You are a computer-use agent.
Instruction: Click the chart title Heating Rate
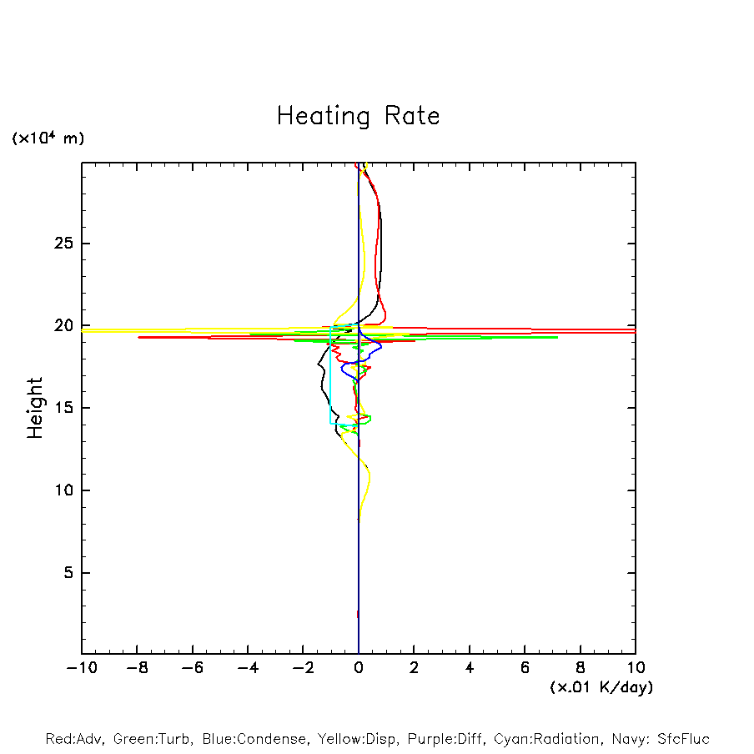(358, 116)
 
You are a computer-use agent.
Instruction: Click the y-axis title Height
(35, 408)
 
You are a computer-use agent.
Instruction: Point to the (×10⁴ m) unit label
(48, 138)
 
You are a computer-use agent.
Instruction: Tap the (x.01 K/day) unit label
(601, 687)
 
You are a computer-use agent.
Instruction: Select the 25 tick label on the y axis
(62, 244)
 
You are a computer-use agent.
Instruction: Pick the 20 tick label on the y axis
(62, 326)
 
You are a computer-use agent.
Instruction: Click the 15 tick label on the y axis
(62, 408)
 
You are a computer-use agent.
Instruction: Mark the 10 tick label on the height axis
(62, 490)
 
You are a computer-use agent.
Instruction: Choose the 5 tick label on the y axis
(67, 573)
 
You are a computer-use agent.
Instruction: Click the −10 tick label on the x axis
(81, 668)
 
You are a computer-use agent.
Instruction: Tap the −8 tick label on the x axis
(137, 668)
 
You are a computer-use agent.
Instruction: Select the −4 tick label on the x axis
(248, 668)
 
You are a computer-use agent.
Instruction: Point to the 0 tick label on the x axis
(359, 668)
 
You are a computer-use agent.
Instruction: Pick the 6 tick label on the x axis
(525, 668)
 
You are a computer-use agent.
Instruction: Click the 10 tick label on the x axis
(636, 668)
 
